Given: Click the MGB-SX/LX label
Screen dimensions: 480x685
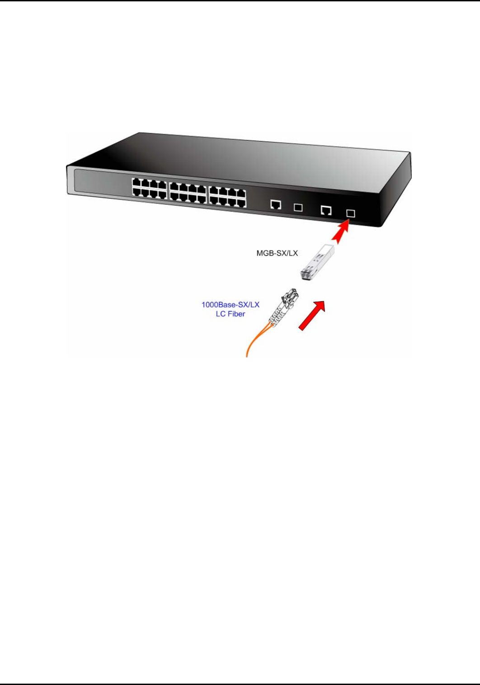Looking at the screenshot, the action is [277, 253].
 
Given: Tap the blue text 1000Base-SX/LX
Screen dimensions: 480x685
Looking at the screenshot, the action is [230, 305].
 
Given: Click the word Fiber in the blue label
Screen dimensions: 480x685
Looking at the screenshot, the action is [236, 314].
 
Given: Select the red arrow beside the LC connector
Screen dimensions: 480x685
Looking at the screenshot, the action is [312, 315].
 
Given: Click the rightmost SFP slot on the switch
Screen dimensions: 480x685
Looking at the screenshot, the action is [350, 213].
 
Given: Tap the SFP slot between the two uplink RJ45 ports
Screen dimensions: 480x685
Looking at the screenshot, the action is [298, 207].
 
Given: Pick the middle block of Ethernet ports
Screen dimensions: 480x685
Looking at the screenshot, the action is [188, 191].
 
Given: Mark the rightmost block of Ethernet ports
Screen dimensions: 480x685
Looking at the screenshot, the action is [227, 194].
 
